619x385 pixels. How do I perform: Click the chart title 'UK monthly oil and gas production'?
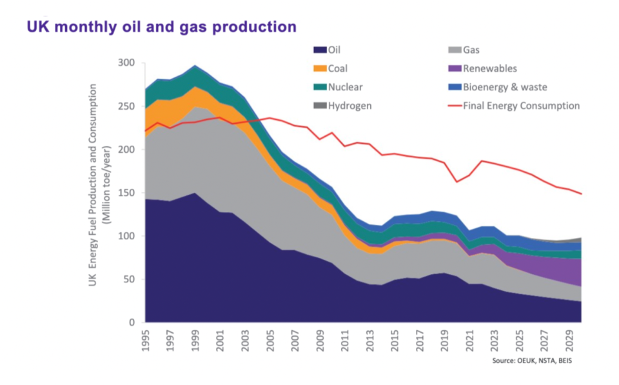pyautogui.click(x=161, y=27)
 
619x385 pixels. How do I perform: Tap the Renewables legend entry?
pyautogui.click(x=490, y=68)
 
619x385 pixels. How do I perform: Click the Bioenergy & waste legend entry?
pyautogui.click(x=506, y=87)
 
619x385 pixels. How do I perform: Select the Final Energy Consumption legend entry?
pyautogui.click(x=522, y=106)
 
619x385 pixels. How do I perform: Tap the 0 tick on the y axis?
pyautogui.click(x=132, y=323)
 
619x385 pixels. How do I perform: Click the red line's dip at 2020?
pyautogui.click(x=457, y=182)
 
